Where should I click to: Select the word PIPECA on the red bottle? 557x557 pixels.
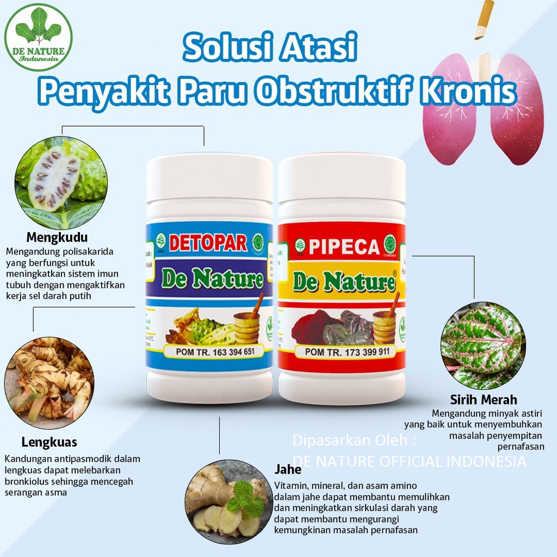(344, 246)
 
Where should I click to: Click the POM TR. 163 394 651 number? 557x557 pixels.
(215, 351)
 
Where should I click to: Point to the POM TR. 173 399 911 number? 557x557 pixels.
(346, 352)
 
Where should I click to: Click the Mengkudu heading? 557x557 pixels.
(57, 238)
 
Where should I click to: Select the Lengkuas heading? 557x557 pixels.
(49, 442)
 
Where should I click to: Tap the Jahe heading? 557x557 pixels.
(288, 469)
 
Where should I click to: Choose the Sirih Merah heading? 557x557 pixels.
(484, 400)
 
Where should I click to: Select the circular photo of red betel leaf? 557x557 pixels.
(483, 346)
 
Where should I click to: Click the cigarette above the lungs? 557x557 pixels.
(484, 20)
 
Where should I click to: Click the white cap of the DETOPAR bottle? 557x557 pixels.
(209, 174)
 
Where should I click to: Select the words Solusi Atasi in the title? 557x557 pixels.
(270, 48)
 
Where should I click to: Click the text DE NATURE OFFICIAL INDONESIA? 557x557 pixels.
(409, 461)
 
